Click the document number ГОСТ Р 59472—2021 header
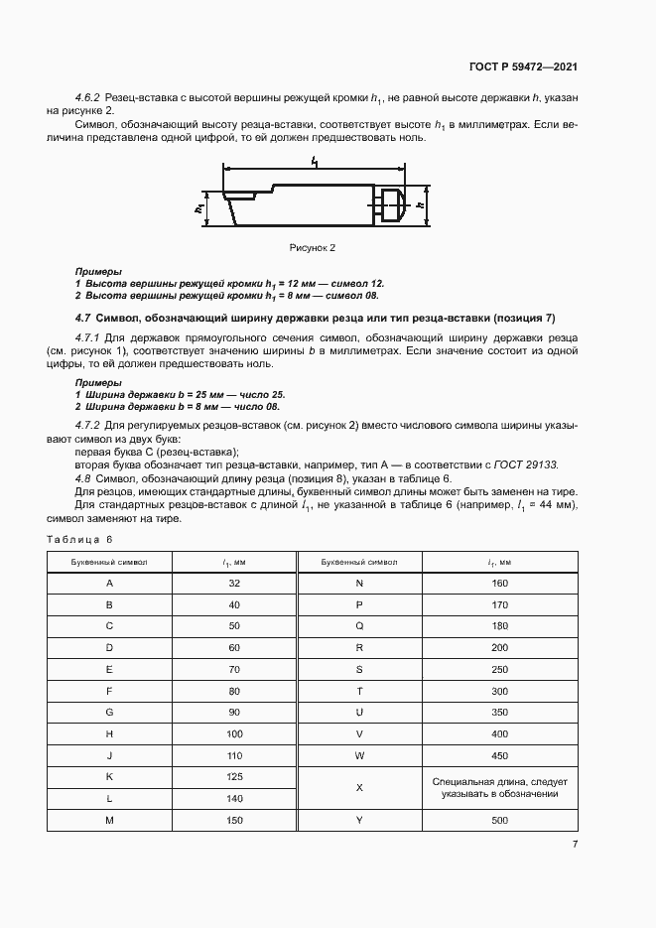(x=522, y=66)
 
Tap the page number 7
(x=575, y=845)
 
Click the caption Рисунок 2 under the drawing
(x=314, y=247)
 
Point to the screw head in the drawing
(x=391, y=206)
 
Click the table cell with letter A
(x=109, y=583)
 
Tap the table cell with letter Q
(x=359, y=626)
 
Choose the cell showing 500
(x=499, y=820)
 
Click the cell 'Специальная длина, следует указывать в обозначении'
(x=499, y=788)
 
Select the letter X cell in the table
(x=359, y=788)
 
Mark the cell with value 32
(x=234, y=583)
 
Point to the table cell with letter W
(x=359, y=755)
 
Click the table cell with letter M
(x=109, y=820)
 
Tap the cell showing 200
(x=499, y=647)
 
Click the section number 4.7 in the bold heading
(x=82, y=319)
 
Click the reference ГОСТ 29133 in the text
(x=531, y=464)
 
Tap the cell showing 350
(x=499, y=712)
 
